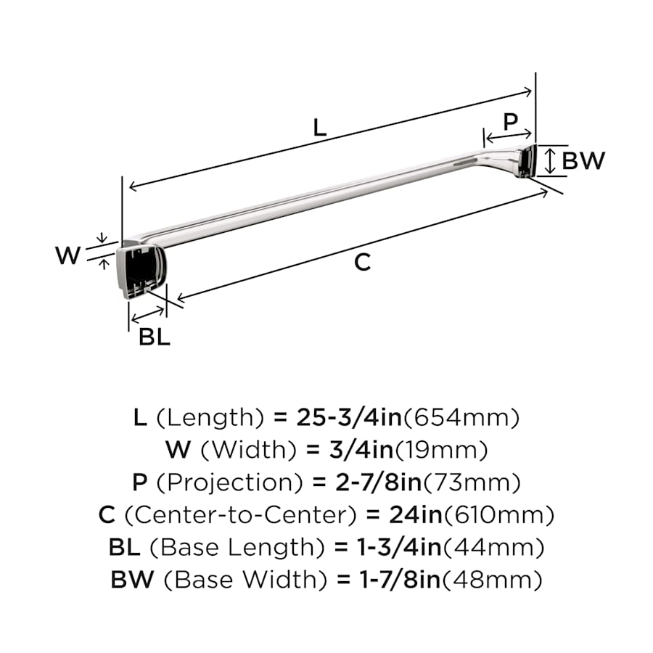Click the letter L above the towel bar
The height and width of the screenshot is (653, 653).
[319, 128]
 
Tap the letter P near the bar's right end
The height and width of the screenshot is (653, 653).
[510, 122]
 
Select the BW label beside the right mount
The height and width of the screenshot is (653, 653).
[583, 160]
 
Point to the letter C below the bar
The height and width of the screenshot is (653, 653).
[362, 263]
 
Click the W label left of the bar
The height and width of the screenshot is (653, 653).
[68, 255]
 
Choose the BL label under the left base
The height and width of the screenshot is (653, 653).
[155, 337]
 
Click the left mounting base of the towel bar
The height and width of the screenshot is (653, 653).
[141, 270]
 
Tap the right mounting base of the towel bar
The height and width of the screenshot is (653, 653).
[526, 161]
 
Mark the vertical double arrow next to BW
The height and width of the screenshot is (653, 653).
[550, 161]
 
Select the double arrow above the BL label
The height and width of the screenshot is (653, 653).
[147, 316]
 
